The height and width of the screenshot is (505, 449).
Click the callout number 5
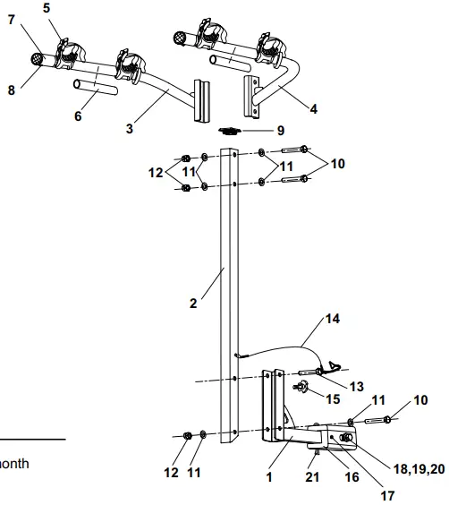(47, 7)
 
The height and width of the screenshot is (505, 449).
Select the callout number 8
(12, 90)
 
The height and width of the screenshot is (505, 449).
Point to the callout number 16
(352, 477)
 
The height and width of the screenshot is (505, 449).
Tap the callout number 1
(269, 477)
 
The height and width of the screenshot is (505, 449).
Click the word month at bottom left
(13, 464)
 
